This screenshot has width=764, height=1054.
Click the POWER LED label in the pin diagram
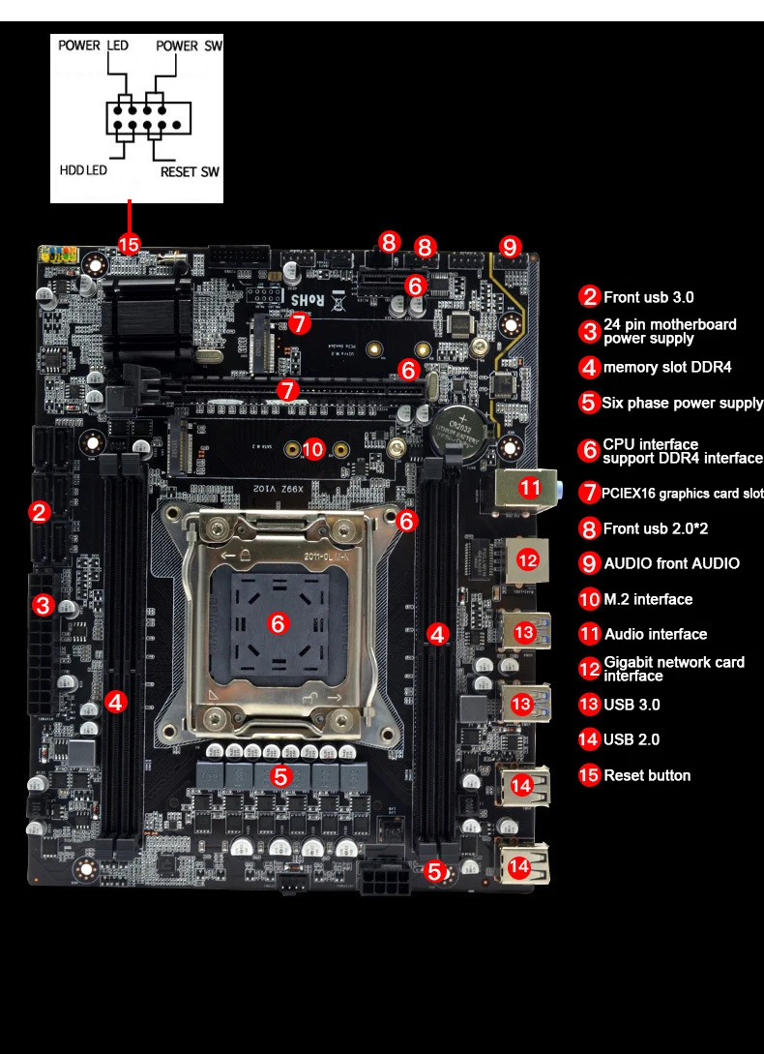(93, 45)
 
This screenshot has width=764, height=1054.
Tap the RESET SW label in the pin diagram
(190, 172)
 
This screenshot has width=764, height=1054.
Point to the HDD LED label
(83, 170)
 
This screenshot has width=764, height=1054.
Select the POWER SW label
(191, 45)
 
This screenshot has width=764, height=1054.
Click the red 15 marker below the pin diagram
(129, 242)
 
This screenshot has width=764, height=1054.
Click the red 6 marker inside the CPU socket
(279, 624)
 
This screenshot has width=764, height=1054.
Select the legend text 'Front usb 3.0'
(648, 297)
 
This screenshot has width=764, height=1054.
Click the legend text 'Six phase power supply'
(682, 403)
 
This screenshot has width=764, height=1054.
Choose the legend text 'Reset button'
(647, 775)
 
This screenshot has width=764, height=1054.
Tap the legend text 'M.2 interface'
(648, 599)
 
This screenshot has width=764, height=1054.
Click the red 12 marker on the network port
(527, 558)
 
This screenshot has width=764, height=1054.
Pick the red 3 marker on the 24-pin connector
(43, 606)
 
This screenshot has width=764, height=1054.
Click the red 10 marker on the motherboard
(312, 449)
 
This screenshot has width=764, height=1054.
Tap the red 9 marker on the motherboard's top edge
(510, 246)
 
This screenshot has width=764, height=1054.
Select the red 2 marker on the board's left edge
(40, 512)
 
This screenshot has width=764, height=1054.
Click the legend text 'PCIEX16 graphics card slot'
(682, 494)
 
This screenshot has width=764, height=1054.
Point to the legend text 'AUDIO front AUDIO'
(671, 563)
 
